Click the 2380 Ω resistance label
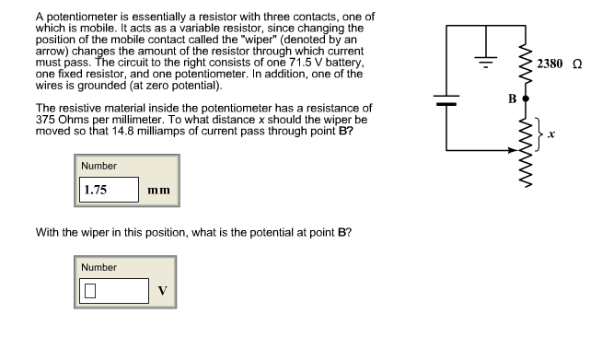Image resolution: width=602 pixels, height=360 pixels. pos(560,64)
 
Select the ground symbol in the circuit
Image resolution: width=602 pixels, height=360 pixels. pos(482,61)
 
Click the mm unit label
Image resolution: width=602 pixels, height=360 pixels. pos(157,191)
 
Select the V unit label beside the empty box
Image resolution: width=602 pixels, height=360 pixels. pos(161,291)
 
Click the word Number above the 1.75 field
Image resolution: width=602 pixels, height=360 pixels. pos(99,166)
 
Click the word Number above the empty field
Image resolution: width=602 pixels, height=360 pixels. pos(99,267)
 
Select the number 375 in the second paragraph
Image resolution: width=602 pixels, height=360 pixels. pos(46,120)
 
